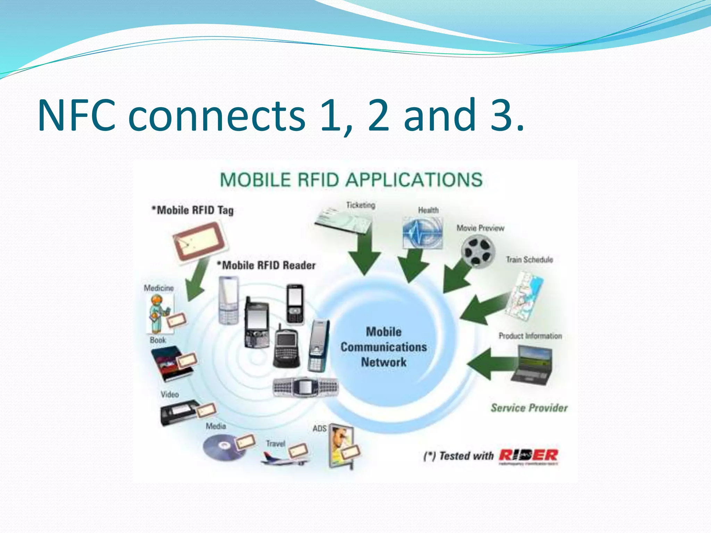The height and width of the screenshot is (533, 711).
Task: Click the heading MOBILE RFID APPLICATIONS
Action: pos(351,180)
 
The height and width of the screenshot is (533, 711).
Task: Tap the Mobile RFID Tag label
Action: pos(193,210)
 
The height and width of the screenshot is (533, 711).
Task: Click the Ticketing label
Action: pos(361,205)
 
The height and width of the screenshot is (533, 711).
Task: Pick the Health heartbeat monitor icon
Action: pos(423,233)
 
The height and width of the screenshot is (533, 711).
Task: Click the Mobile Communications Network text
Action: pos(384,347)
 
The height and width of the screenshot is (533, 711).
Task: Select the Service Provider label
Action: pos(529,408)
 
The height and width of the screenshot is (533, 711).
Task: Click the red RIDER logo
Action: pos(528,455)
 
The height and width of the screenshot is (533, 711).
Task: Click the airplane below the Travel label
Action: pos(283,459)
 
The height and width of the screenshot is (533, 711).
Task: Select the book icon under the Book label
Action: pos(170,364)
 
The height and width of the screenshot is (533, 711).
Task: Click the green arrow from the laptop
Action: pos(490,364)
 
